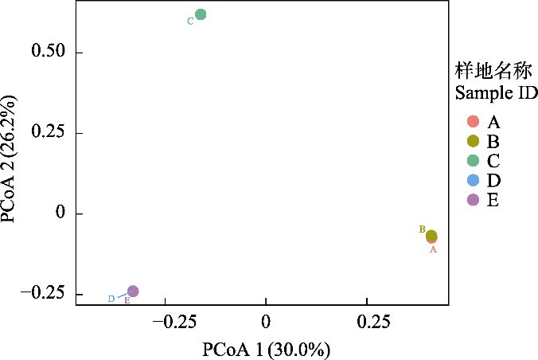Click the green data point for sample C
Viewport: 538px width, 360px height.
pos(201,14)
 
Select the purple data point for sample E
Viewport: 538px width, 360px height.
pos(133,292)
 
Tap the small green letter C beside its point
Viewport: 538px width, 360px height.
pos(190,22)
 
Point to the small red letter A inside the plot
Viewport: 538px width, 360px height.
pos(433,249)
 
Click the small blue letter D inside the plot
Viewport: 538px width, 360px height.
pos(111,299)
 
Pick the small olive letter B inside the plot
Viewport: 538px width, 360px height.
pos(423,229)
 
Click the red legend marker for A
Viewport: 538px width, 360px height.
pos(473,122)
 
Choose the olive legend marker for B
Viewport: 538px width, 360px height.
pos(473,141)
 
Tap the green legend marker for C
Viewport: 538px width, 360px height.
pos(473,161)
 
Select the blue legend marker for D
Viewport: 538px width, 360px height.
pos(473,180)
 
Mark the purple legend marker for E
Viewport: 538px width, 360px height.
pos(473,200)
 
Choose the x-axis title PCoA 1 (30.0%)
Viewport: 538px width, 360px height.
pos(266,349)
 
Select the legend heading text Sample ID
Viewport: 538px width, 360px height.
pos(496,93)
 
